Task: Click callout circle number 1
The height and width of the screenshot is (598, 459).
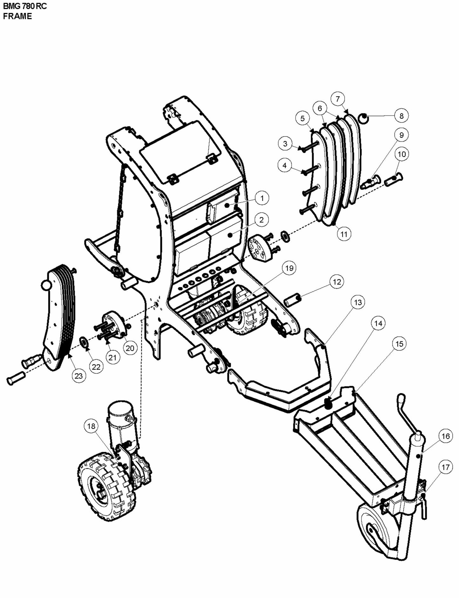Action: tap(262, 198)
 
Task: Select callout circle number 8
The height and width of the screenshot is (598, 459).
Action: tap(401, 116)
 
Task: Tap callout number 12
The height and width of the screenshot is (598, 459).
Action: tap(337, 282)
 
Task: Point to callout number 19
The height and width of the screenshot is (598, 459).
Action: tap(289, 268)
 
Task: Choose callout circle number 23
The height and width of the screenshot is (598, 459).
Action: tap(78, 376)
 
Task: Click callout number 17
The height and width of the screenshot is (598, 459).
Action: tap(445, 467)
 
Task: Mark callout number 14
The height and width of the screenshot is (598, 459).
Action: tap(378, 323)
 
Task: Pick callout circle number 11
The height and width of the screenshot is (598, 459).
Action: tap(344, 234)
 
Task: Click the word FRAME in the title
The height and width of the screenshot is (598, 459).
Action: tap(17, 17)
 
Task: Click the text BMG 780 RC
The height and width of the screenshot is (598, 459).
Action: tap(25, 6)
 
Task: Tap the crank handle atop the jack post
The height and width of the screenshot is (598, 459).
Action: tap(402, 399)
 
